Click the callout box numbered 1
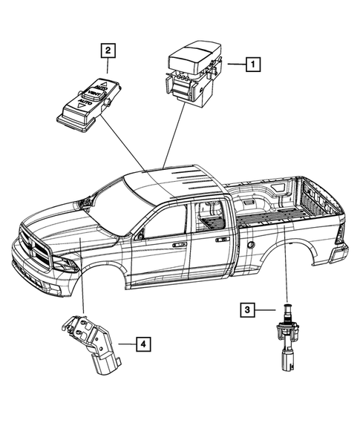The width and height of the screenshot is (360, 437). click(253, 65)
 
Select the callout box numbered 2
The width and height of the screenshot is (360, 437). click(109, 50)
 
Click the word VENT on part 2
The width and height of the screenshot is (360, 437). click(91, 94)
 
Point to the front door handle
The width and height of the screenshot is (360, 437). click(178, 243)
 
